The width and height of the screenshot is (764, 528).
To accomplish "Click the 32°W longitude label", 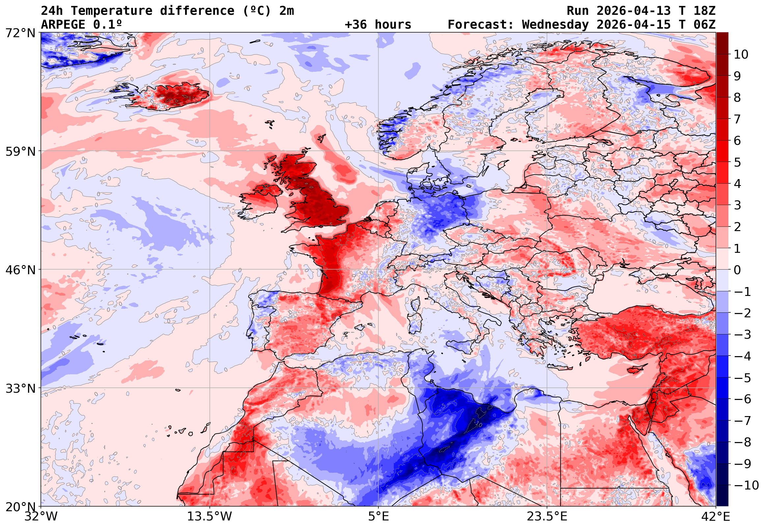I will click(x=41, y=516).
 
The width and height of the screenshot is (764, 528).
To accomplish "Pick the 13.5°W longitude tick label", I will click(x=210, y=516).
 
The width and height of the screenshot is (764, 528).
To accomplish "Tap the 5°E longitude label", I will click(x=378, y=516).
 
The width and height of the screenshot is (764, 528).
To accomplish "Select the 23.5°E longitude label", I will click(x=547, y=516).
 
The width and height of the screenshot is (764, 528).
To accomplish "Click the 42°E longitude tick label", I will click(x=716, y=516).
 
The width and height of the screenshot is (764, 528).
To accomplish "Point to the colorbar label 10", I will click(x=741, y=55).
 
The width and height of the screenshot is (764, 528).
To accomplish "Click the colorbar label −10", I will click(x=746, y=485).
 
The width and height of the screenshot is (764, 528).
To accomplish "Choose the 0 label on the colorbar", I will click(x=737, y=270).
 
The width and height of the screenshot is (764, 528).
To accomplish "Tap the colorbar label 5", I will click(x=737, y=162).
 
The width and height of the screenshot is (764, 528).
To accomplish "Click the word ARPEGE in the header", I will click(x=63, y=24).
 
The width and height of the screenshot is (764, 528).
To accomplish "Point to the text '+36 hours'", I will click(x=378, y=24).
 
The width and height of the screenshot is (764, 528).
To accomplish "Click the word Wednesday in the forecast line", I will click(x=556, y=24).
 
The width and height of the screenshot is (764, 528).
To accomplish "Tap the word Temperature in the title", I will click(x=112, y=11).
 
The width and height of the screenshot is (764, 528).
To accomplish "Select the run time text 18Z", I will click(x=704, y=11).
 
